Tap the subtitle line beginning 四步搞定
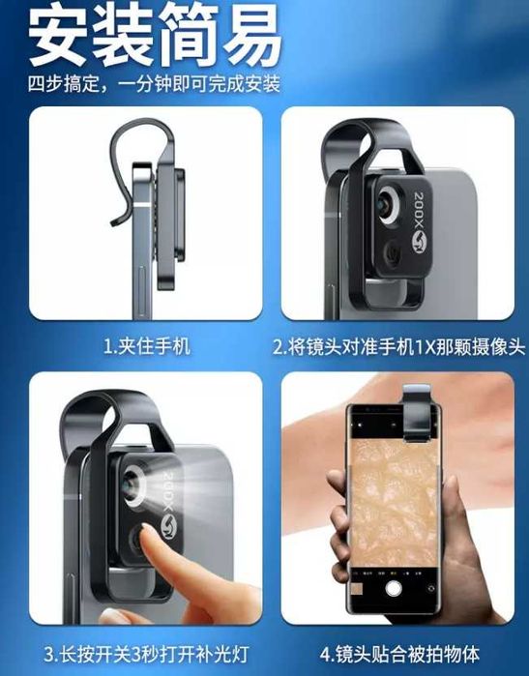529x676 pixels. click(154, 83)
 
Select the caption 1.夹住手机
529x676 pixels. click(146, 346)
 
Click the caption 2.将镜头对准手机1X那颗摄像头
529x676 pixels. click(397, 346)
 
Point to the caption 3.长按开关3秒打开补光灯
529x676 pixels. click(146, 654)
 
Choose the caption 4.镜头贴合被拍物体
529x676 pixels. click(399, 654)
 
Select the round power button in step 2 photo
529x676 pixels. click(393, 252)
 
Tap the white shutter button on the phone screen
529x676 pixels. click(393, 588)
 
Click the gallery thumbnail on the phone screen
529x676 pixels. click(358, 589)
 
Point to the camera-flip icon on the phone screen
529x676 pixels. click(429, 589)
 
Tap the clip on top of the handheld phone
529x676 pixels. click(417, 413)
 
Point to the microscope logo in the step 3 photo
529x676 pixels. click(167, 524)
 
